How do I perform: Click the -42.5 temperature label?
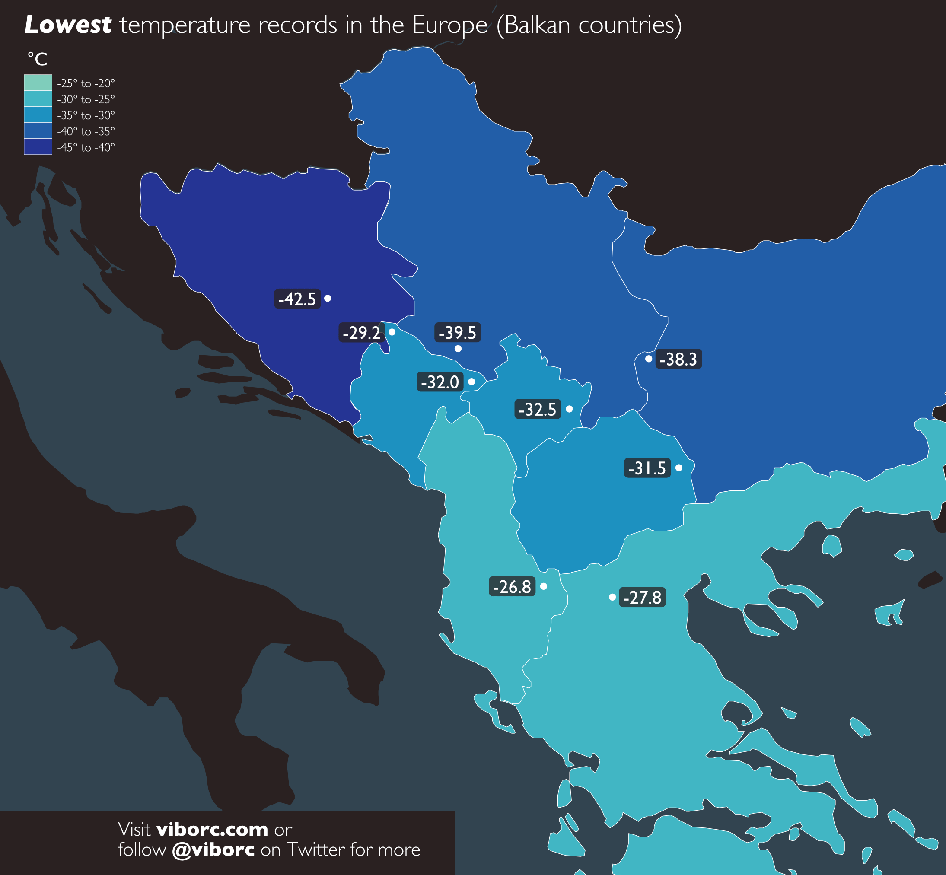pyautogui.click(x=297, y=299)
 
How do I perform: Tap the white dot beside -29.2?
pyautogui.click(x=392, y=332)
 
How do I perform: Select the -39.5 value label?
pyautogui.click(x=457, y=332)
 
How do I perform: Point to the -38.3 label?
pyautogui.click(x=678, y=359)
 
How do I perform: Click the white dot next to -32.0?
pyautogui.click(x=471, y=382)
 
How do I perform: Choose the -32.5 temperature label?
pyautogui.click(x=538, y=409)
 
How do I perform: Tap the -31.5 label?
pyautogui.click(x=647, y=468)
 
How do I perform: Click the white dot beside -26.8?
pyautogui.click(x=544, y=586)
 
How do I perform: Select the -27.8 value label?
pyautogui.click(x=642, y=597)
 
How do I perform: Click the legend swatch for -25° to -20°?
pyautogui.click(x=38, y=83)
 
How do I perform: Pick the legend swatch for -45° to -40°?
pyautogui.click(x=38, y=147)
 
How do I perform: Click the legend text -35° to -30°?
pyautogui.click(x=86, y=115)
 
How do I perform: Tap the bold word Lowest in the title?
pyautogui.click(x=68, y=25)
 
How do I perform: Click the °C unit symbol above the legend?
pyautogui.click(x=38, y=59)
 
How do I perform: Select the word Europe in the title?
pyautogui.click(x=449, y=25)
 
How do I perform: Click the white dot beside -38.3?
pyautogui.click(x=649, y=359)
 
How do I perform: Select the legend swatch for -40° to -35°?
pyautogui.click(x=38, y=130)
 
